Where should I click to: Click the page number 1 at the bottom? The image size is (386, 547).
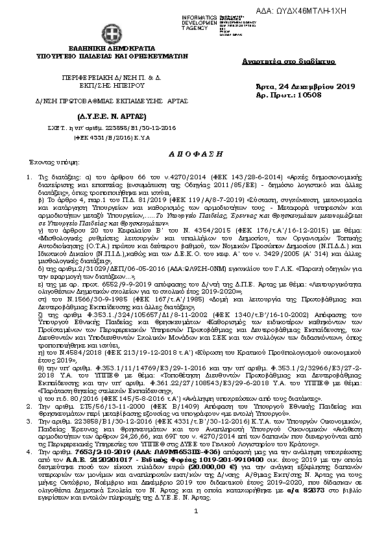[x=195, y=531]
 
